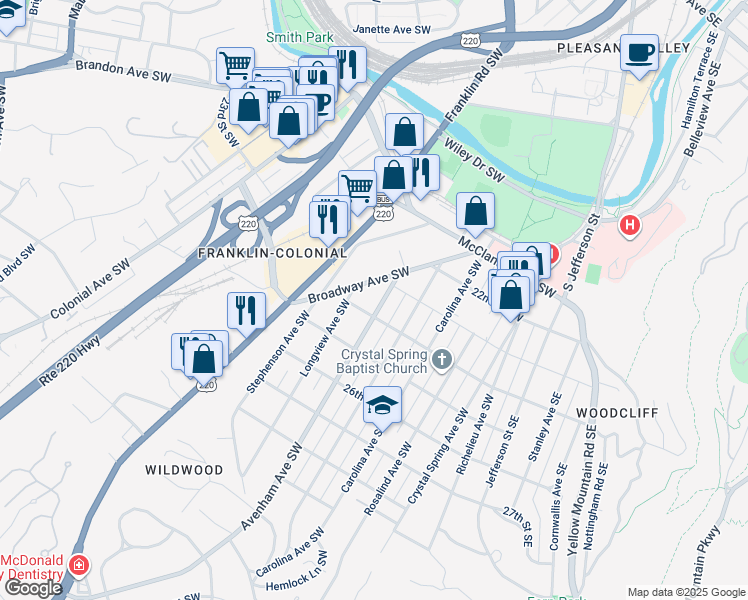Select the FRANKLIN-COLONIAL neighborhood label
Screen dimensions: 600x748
tap(272, 253)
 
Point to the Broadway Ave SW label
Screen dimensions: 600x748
tap(359, 286)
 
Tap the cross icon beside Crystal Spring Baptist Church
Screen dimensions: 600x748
tap(443, 358)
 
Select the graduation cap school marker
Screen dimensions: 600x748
tap(381, 405)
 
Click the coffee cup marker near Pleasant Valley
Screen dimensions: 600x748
tap(639, 52)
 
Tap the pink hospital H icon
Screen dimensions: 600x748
tap(629, 226)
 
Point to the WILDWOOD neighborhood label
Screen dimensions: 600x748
tap(184, 469)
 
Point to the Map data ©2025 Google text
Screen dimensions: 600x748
tap(686, 592)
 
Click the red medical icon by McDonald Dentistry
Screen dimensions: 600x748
tap(78, 567)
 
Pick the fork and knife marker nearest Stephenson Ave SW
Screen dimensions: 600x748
tap(246, 309)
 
